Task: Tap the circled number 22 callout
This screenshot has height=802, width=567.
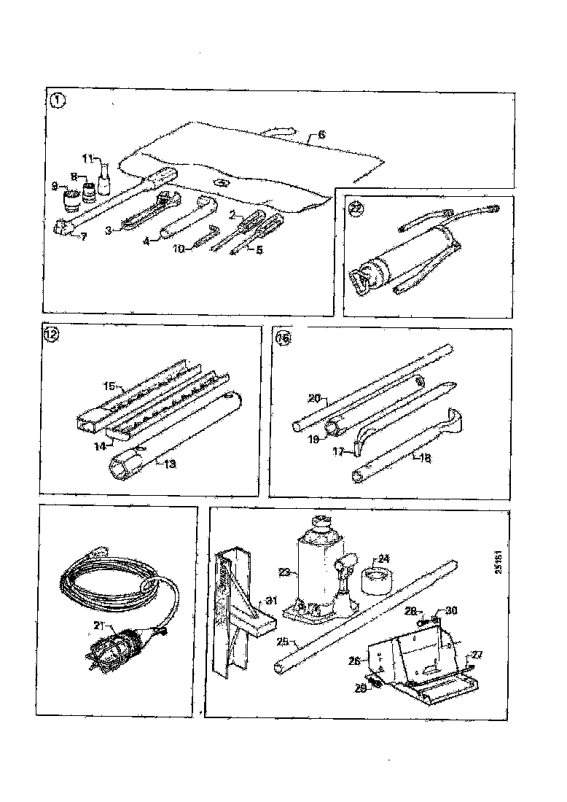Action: pos(356,207)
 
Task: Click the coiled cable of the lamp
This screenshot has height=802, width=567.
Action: pos(109,583)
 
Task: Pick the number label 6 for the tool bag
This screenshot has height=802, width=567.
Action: pos(321,135)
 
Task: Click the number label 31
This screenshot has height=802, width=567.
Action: pos(270,600)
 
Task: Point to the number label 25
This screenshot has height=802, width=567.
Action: pos(285,642)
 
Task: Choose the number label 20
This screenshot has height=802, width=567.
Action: pos(313,398)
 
